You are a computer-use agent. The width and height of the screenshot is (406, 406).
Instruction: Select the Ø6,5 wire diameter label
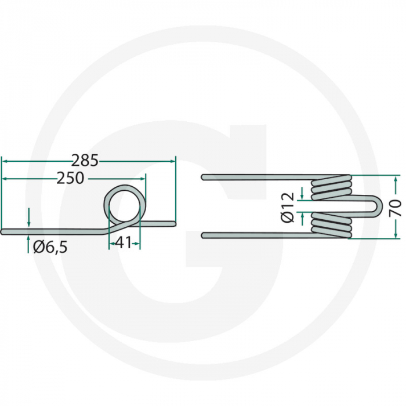point(50,247)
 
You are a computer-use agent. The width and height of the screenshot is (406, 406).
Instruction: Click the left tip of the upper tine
point(203,176)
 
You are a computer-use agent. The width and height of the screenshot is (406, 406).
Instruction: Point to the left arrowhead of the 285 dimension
point(4,161)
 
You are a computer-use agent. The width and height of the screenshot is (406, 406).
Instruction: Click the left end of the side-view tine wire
point(3,231)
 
